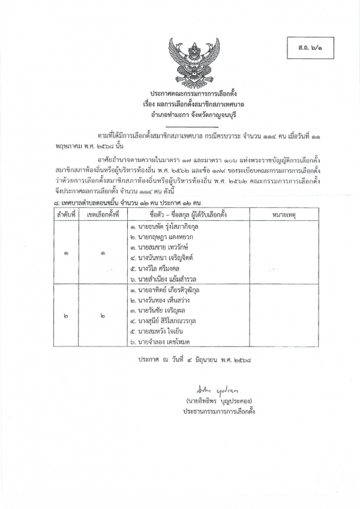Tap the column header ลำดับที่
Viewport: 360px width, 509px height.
click(x=65, y=214)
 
